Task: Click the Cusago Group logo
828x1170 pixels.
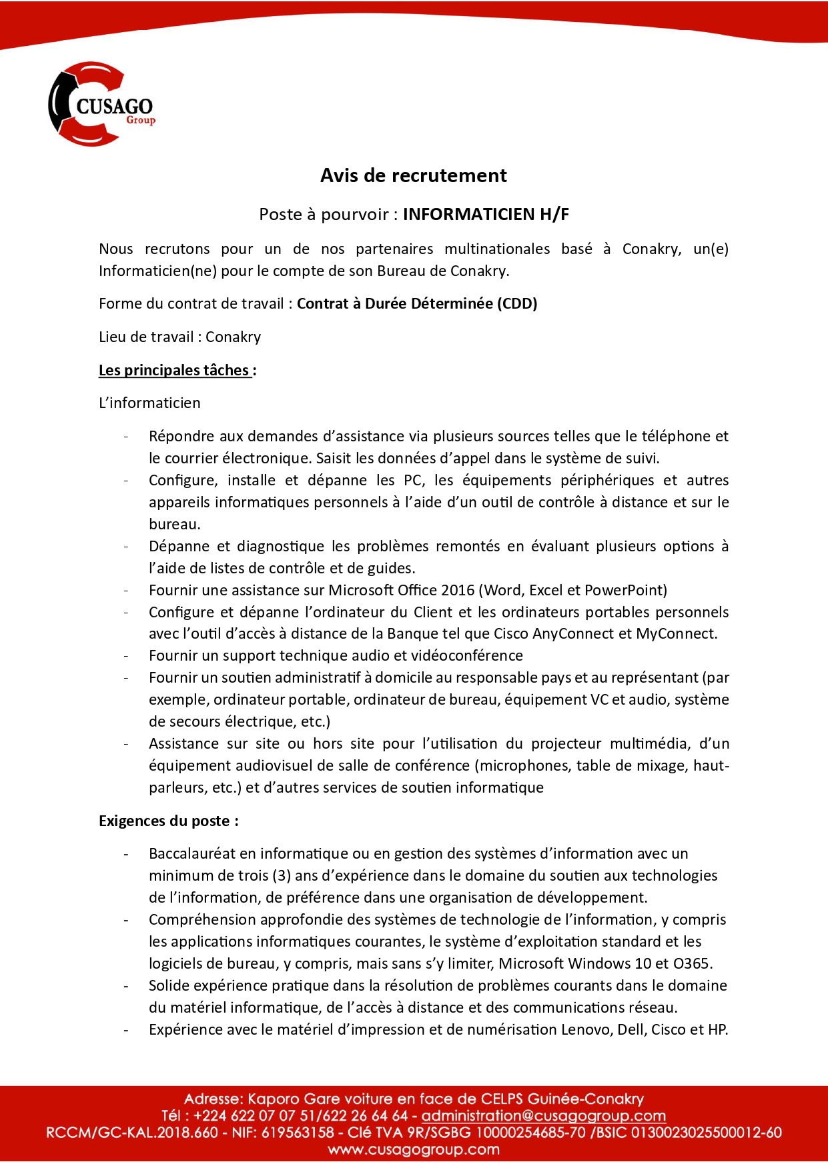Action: click(x=101, y=105)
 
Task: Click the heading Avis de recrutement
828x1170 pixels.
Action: click(x=413, y=175)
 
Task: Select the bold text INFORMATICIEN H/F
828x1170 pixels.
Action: click(x=486, y=214)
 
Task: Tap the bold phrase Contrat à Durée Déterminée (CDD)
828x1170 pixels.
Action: click(x=417, y=304)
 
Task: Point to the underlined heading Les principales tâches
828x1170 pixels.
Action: click(x=174, y=370)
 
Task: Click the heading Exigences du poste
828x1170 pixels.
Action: click(x=168, y=821)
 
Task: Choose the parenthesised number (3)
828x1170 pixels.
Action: click(x=281, y=875)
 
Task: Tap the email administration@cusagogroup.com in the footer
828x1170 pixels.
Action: click(x=544, y=1116)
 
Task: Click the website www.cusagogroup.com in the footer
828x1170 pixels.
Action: click(x=414, y=1149)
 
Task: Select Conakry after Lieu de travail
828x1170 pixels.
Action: click(x=233, y=337)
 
